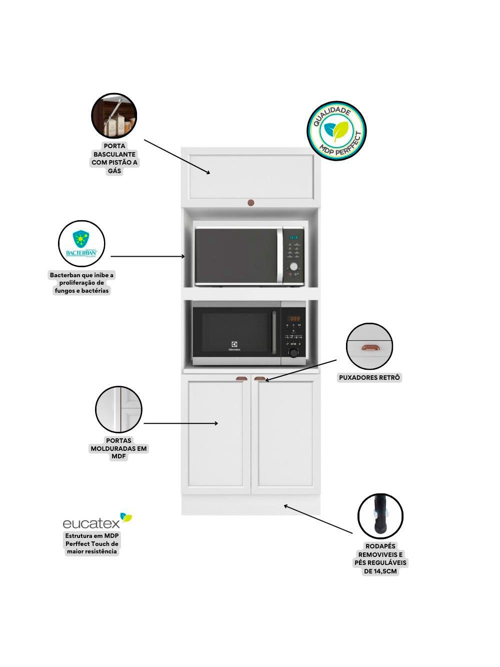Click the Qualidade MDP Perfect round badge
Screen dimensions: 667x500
point(336,131)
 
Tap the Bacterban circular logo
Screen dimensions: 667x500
point(81,244)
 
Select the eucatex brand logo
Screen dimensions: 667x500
point(97,521)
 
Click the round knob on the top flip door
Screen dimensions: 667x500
point(251,203)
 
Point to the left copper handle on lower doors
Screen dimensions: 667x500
point(241,379)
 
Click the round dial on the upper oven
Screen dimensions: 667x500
point(294,267)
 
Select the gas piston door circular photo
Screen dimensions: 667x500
point(114,116)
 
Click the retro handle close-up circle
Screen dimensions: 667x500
point(369,346)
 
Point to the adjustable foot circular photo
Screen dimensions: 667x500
point(380,516)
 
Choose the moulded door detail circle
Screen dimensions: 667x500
point(119,409)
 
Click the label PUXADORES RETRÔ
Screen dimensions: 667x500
point(369,378)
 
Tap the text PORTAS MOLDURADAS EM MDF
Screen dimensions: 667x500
point(118,449)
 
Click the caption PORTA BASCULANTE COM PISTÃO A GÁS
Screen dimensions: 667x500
point(114,159)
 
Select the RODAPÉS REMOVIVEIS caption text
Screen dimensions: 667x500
point(380,559)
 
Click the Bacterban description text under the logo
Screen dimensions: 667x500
point(81,283)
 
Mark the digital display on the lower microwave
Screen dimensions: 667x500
point(295,319)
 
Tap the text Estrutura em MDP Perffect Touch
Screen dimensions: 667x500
point(92,543)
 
